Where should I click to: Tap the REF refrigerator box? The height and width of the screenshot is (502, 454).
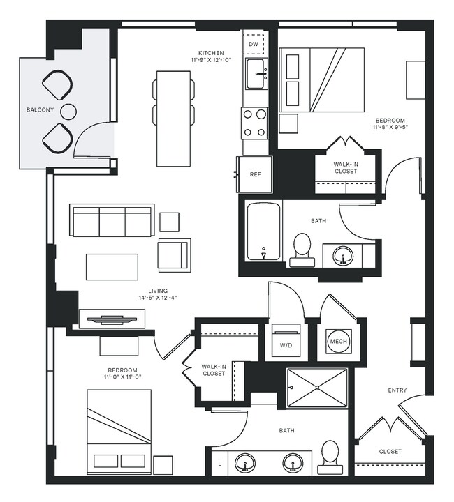pos(255,174)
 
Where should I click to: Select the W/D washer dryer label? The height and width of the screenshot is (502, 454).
pos(286,344)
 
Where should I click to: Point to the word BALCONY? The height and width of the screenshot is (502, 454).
pos(39,110)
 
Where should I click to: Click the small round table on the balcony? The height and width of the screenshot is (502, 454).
pos(68,111)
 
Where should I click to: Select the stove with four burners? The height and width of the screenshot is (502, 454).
pos(255,123)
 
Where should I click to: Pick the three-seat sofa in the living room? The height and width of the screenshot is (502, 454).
pos(112,221)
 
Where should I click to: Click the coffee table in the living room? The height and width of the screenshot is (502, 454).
pos(112,266)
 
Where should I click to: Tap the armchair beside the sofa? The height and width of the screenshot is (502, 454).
pos(174,254)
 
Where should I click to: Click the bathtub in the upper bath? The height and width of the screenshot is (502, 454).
pos(263,232)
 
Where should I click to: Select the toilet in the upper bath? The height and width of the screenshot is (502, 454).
pos(302,248)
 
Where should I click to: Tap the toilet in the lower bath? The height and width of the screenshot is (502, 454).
pos(330,457)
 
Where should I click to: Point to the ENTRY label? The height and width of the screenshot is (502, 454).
pos(397,390)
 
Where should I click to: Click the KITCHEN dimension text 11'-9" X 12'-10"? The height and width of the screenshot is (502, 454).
pos(211,61)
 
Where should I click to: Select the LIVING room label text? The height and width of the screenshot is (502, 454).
pos(158,291)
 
